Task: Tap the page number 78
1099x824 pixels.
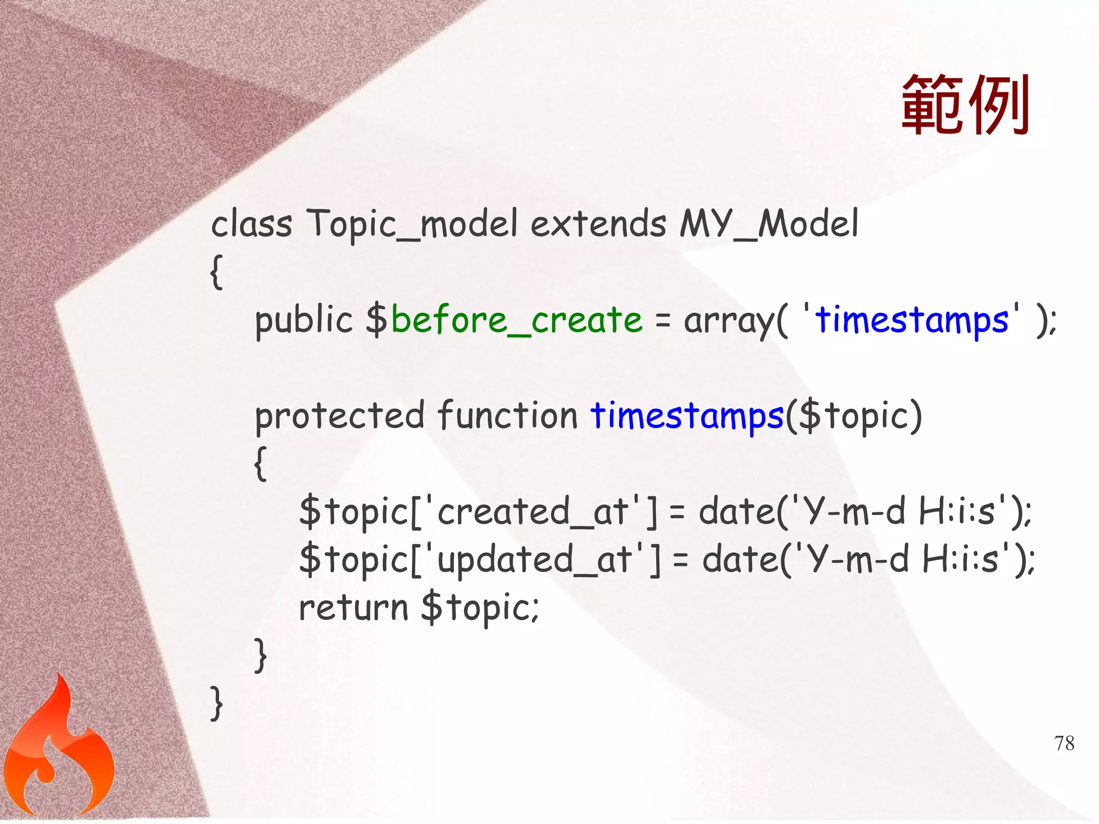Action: [x=1064, y=744]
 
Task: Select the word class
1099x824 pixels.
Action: [x=251, y=224]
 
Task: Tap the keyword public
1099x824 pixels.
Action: [x=303, y=320]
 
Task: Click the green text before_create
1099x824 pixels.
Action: [x=516, y=320]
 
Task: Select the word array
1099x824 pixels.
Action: [x=729, y=321]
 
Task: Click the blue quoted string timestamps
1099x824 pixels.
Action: [x=912, y=320]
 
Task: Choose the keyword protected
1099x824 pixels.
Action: [x=340, y=416]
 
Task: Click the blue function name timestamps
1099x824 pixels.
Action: [x=687, y=416]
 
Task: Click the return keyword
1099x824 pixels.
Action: [x=354, y=608]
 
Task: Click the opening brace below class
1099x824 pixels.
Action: [x=216, y=273]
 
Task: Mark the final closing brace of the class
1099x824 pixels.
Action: [x=216, y=703]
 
